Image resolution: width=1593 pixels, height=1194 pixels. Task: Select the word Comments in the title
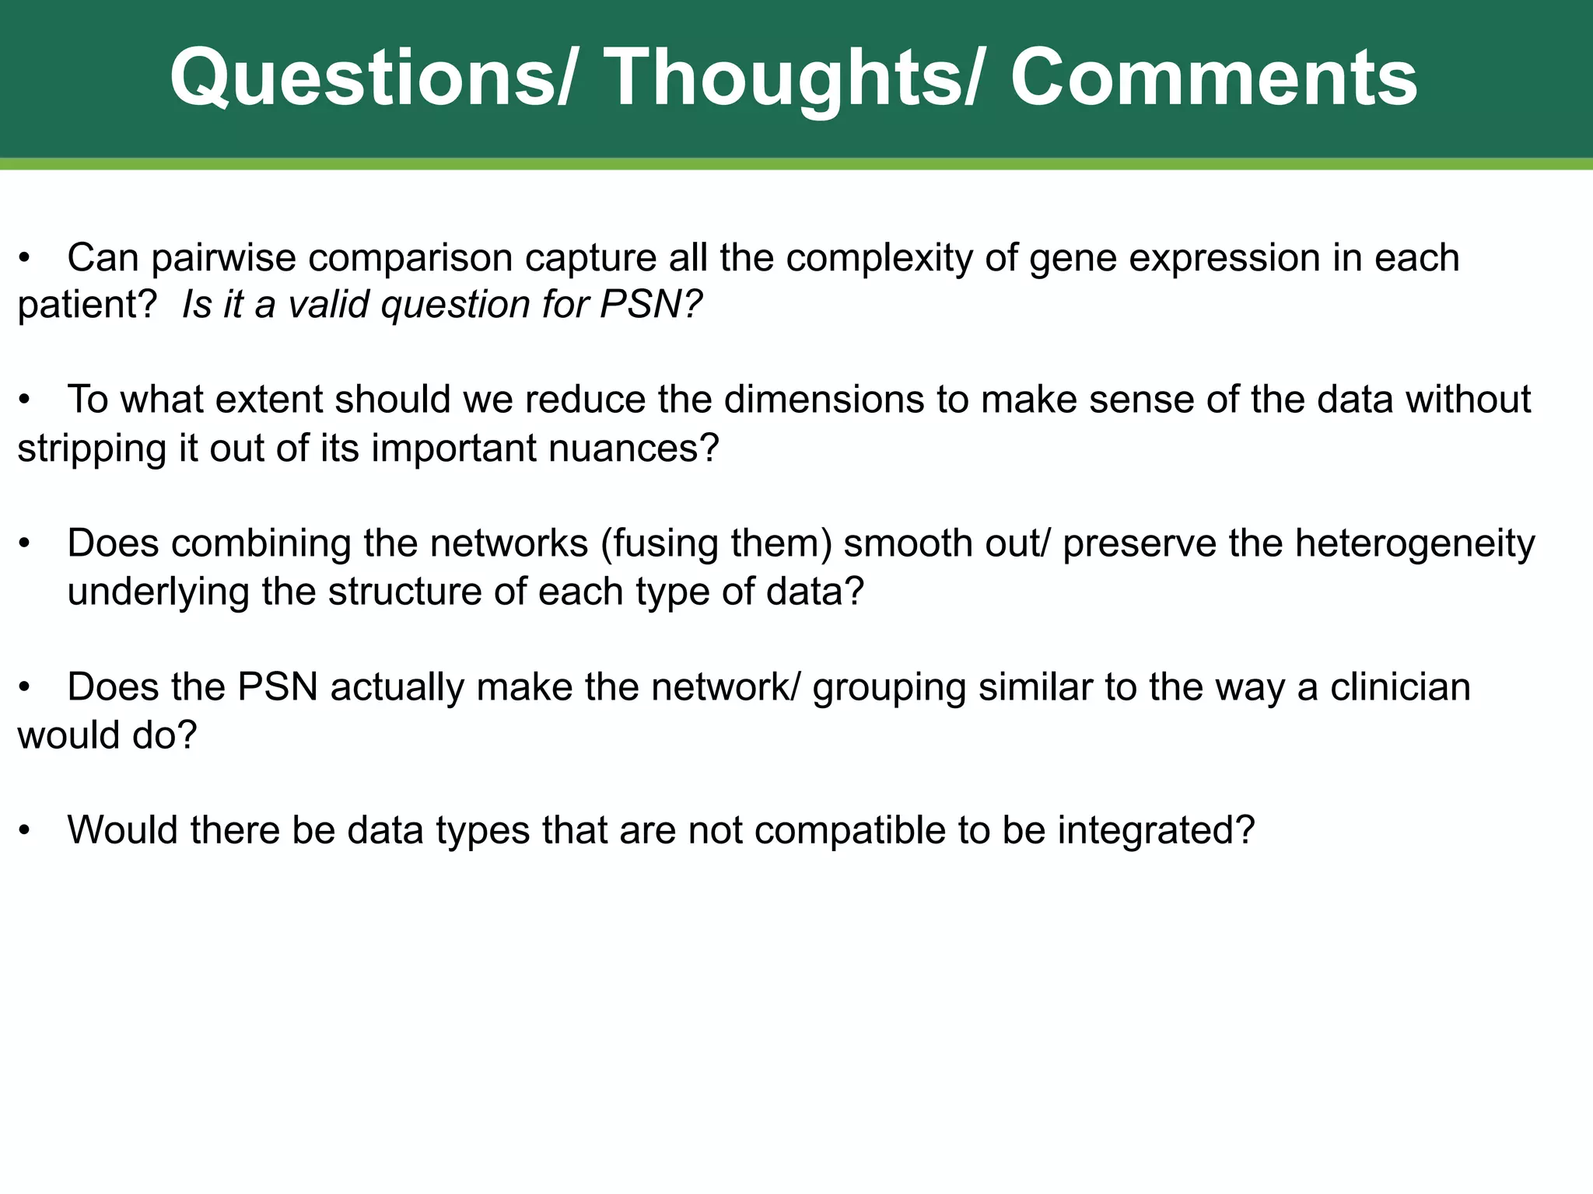point(1213,78)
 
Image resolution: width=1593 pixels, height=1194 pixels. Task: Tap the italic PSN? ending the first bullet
point(650,305)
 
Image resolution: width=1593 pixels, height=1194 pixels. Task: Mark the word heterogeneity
point(1415,544)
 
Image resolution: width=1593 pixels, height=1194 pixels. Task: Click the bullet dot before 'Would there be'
point(25,831)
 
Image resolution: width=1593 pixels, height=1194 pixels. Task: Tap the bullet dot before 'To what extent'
point(25,400)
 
